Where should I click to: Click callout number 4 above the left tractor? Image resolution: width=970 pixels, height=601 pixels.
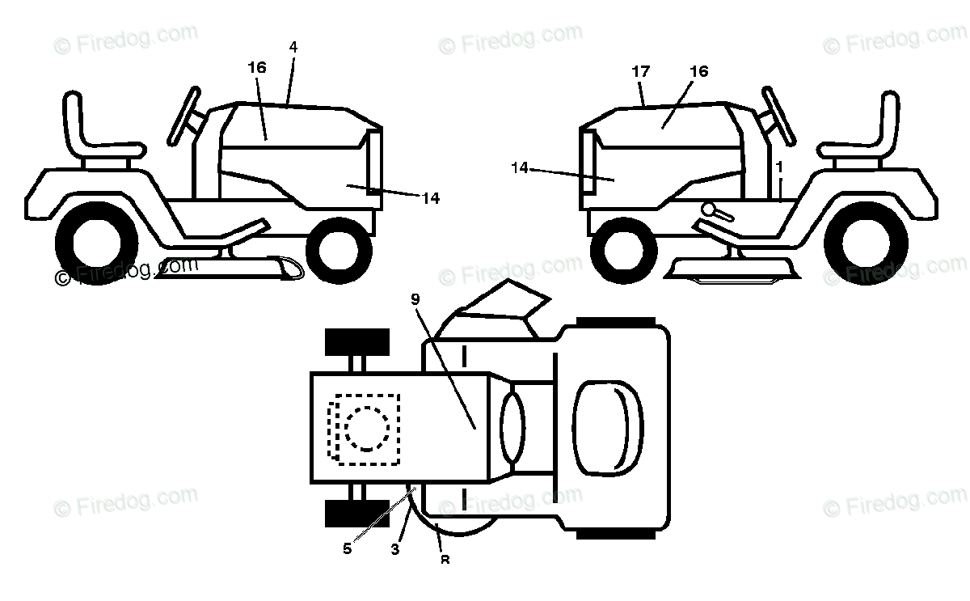tap(293, 47)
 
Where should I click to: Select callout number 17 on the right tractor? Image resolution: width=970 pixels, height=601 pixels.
tap(641, 71)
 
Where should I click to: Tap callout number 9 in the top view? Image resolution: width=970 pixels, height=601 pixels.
tap(415, 299)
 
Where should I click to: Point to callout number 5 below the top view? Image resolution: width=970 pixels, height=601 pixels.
tap(348, 548)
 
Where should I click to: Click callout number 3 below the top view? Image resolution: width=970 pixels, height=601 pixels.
tap(395, 549)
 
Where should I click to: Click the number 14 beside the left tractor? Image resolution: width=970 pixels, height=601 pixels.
tap(431, 198)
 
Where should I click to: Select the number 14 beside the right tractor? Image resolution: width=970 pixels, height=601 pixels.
tap(520, 167)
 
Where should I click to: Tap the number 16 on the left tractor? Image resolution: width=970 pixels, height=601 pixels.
tap(257, 68)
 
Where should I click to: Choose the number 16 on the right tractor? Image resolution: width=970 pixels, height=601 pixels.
tap(699, 71)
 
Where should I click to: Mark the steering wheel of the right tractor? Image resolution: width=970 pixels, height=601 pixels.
tap(778, 116)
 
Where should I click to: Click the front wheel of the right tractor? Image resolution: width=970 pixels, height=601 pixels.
tap(622, 247)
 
